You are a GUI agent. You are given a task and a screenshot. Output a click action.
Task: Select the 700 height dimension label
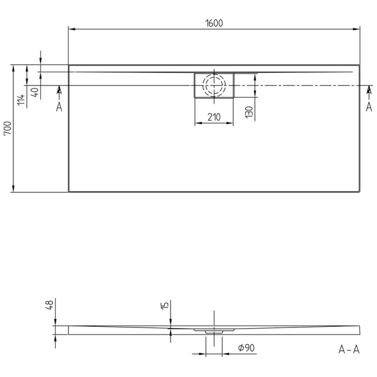click(7, 128)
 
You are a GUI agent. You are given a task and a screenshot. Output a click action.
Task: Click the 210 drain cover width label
click(214, 117)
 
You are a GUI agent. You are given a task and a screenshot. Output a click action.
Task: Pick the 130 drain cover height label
click(248, 112)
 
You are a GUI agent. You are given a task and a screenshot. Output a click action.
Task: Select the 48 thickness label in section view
click(49, 305)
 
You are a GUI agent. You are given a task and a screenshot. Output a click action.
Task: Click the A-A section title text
click(348, 350)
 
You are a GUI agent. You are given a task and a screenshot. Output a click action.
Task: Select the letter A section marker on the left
click(59, 107)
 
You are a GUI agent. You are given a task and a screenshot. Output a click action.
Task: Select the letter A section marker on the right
click(369, 107)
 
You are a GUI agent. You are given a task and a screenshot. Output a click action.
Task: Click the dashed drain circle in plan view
click(214, 85)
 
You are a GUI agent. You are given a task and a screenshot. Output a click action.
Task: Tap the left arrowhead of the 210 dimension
click(197, 123)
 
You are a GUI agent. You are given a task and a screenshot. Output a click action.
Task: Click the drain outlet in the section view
click(214, 331)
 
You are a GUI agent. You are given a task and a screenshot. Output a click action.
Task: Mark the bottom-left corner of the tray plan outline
click(69, 192)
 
